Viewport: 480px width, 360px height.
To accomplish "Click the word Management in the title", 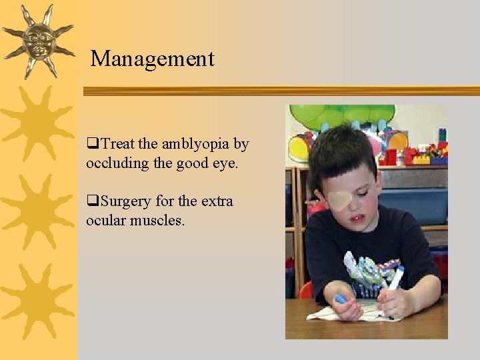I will [x=153, y=59].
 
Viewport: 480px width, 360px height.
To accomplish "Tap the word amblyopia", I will [x=193, y=144].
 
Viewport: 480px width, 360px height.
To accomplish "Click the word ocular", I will [x=103, y=219].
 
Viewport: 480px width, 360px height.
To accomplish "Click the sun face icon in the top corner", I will [x=38, y=41].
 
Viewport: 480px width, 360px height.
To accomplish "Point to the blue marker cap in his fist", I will [x=341, y=300].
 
